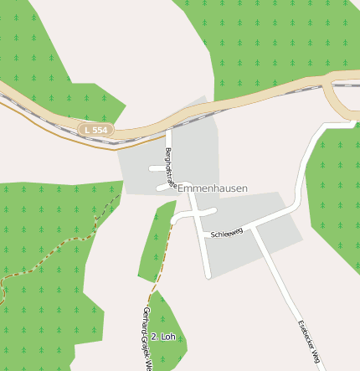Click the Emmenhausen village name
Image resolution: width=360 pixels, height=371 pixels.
213,189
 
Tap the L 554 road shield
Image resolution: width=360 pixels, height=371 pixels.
95,130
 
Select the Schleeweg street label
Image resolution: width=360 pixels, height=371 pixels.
227,232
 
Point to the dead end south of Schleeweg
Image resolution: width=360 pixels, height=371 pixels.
208,276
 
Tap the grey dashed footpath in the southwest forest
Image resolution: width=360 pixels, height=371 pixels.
50,255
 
